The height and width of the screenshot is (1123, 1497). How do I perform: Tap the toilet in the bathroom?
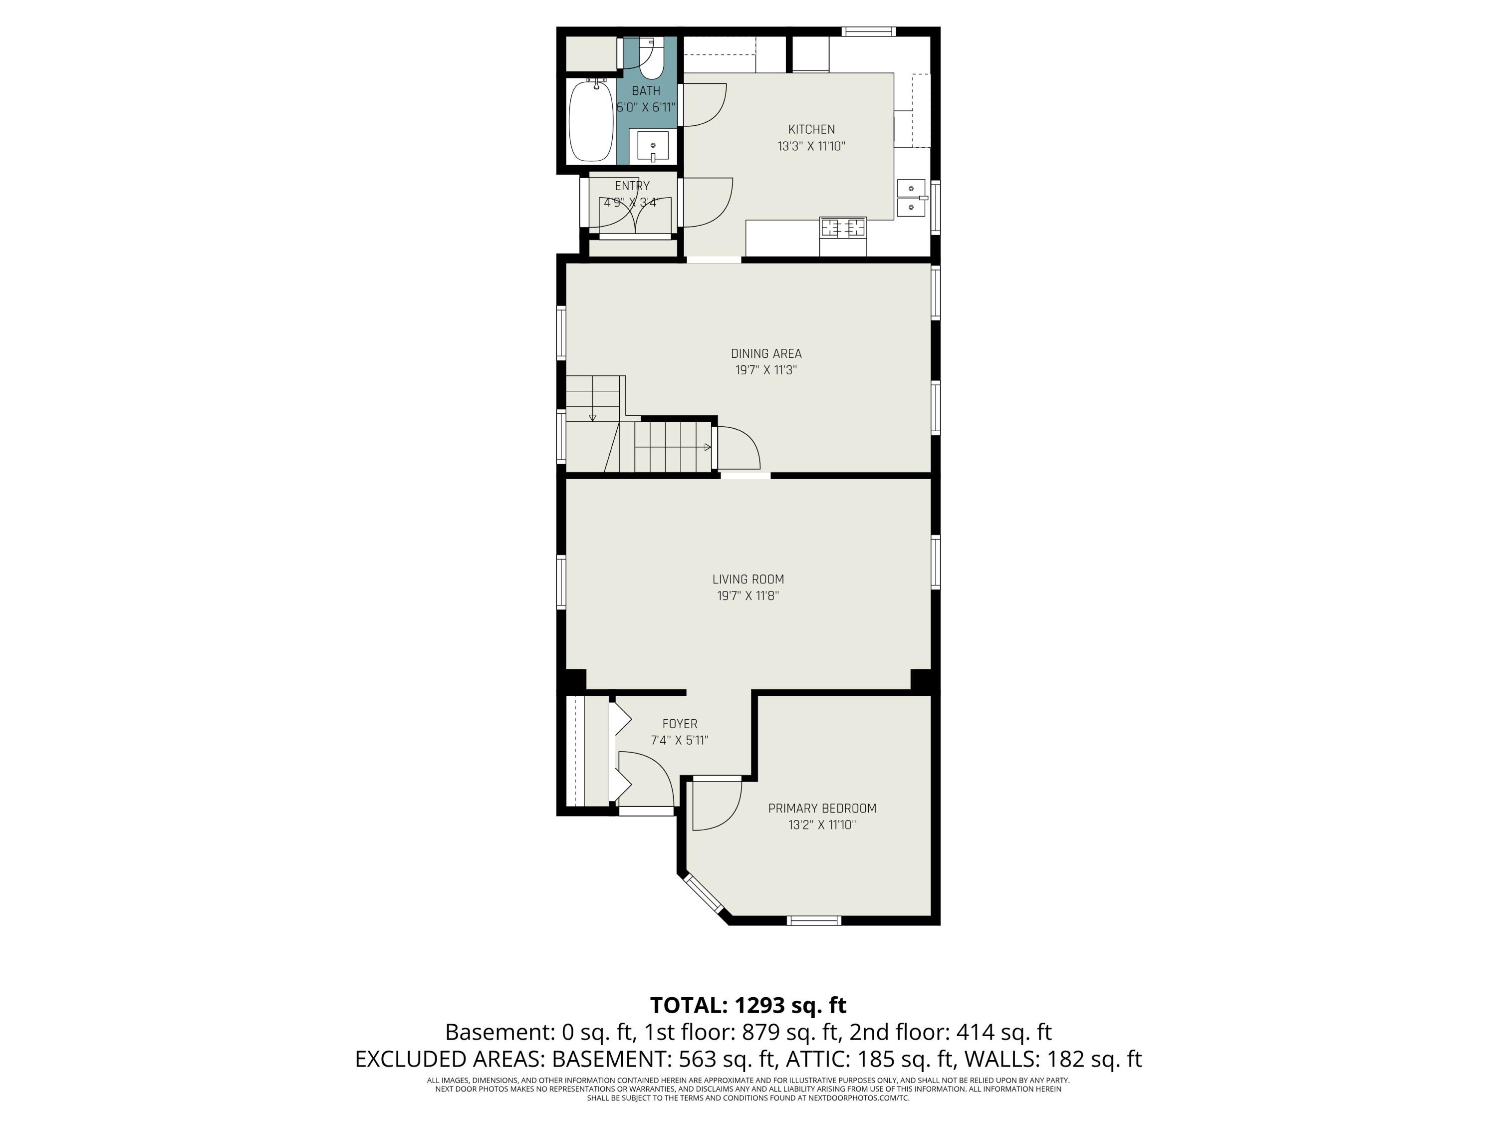click(651, 59)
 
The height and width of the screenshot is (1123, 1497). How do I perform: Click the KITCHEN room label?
click(811, 129)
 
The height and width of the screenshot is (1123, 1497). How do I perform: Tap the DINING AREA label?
click(766, 353)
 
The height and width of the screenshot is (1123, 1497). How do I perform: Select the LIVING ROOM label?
click(748, 579)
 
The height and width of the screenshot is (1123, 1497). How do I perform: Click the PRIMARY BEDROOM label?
click(822, 808)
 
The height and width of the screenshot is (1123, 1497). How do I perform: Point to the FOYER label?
click(680, 724)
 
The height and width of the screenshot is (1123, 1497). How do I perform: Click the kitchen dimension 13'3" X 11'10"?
click(811, 146)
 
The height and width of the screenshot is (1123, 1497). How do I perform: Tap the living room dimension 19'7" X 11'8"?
click(748, 595)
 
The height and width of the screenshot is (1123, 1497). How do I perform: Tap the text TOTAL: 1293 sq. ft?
click(748, 1005)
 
